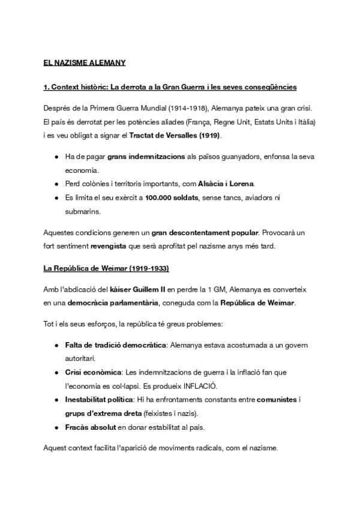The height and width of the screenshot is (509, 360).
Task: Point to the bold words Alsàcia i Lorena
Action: pyautogui.click(x=230, y=183)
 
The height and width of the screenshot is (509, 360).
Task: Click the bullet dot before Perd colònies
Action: pyautogui.click(x=56, y=184)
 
